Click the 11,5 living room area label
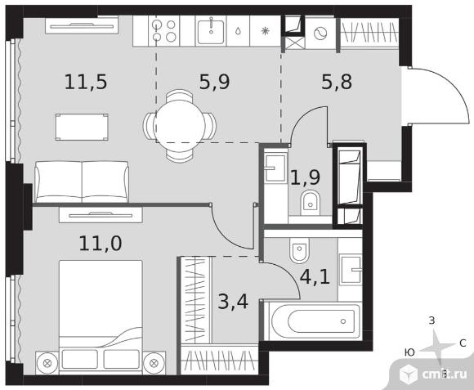[x=86, y=82]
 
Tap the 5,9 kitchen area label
[x=215, y=82]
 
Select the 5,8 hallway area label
[x=337, y=82]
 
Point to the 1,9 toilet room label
[x=305, y=177]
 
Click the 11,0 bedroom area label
[x=101, y=244]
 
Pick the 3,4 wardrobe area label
[x=233, y=302]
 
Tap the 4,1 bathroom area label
[x=315, y=276]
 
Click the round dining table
[x=179, y=125]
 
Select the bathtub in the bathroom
[x=313, y=321]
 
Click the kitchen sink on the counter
[x=211, y=31]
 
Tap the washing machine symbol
[x=320, y=34]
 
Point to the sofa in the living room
[x=82, y=182]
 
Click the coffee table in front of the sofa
[x=82, y=127]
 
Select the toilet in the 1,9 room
[x=311, y=203]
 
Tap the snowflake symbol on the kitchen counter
[x=265, y=31]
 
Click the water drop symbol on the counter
[x=238, y=31]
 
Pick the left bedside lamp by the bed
[x=47, y=363]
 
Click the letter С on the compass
[x=463, y=343]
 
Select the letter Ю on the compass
[x=409, y=352]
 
